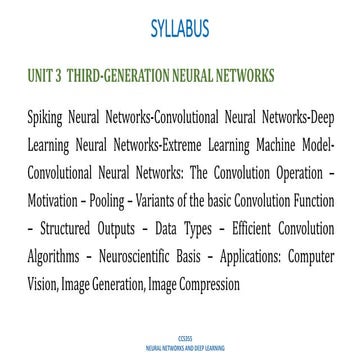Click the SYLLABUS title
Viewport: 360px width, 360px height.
pos(180,26)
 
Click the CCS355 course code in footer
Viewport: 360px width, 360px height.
pos(180,340)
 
